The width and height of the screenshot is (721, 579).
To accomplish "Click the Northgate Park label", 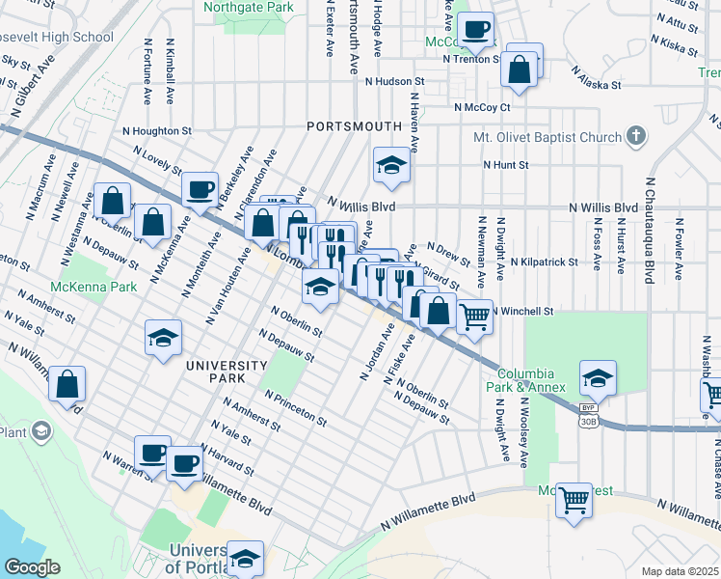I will (x=249, y=7).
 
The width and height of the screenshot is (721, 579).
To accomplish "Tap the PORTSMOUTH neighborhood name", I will (x=354, y=126).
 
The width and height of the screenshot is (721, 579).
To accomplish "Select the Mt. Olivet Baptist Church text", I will (x=547, y=137).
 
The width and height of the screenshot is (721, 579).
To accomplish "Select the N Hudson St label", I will (x=394, y=83).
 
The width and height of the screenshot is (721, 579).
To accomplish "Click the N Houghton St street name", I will (x=157, y=130).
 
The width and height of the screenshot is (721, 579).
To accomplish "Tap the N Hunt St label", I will (x=506, y=165).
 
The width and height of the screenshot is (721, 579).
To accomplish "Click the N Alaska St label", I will (x=596, y=78).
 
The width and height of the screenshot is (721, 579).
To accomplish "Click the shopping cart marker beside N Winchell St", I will (x=473, y=317).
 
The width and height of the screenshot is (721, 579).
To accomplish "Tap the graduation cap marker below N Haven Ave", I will (x=392, y=166).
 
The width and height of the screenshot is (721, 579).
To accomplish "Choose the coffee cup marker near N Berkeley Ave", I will (x=200, y=189).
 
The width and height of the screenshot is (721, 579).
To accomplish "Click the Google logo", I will (x=33, y=567).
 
